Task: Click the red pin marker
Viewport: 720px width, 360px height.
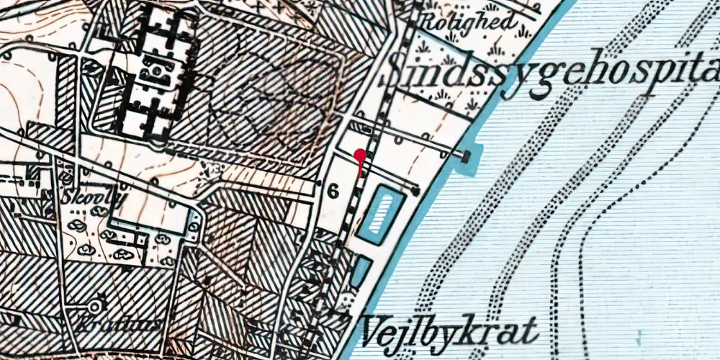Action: [x=360, y=154]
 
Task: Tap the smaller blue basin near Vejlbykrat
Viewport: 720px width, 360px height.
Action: [x=361, y=271]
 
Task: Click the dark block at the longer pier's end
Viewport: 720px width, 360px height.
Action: [x=467, y=155]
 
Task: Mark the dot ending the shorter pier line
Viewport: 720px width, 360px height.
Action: [x=416, y=191]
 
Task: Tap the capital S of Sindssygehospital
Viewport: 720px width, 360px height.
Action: [x=400, y=72]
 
